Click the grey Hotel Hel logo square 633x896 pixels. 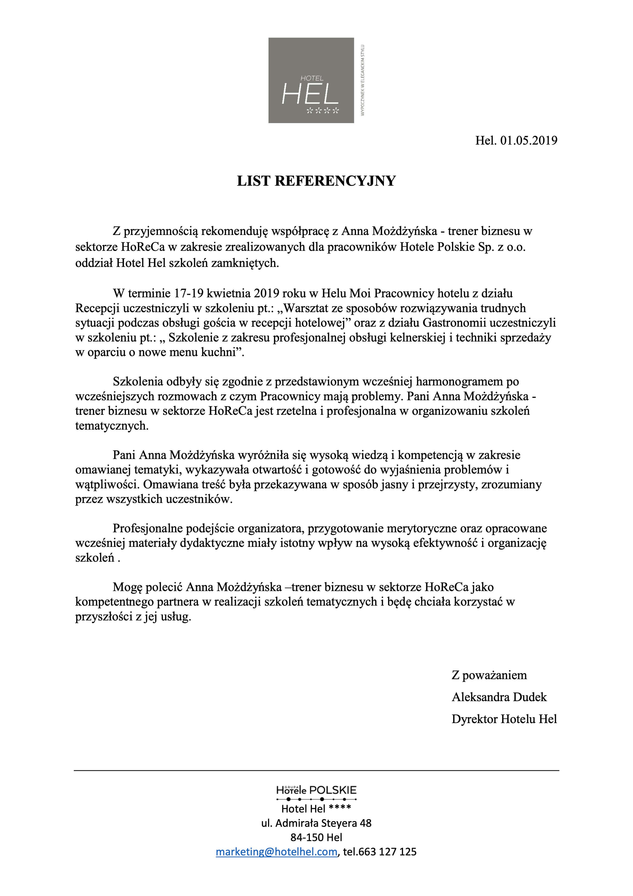(311, 80)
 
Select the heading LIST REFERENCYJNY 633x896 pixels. (316, 181)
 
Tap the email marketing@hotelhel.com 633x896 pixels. (276, 852)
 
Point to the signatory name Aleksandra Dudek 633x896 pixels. (499, 697)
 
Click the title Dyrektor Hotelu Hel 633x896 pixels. (504, 719)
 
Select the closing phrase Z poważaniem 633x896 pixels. (489, 675)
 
